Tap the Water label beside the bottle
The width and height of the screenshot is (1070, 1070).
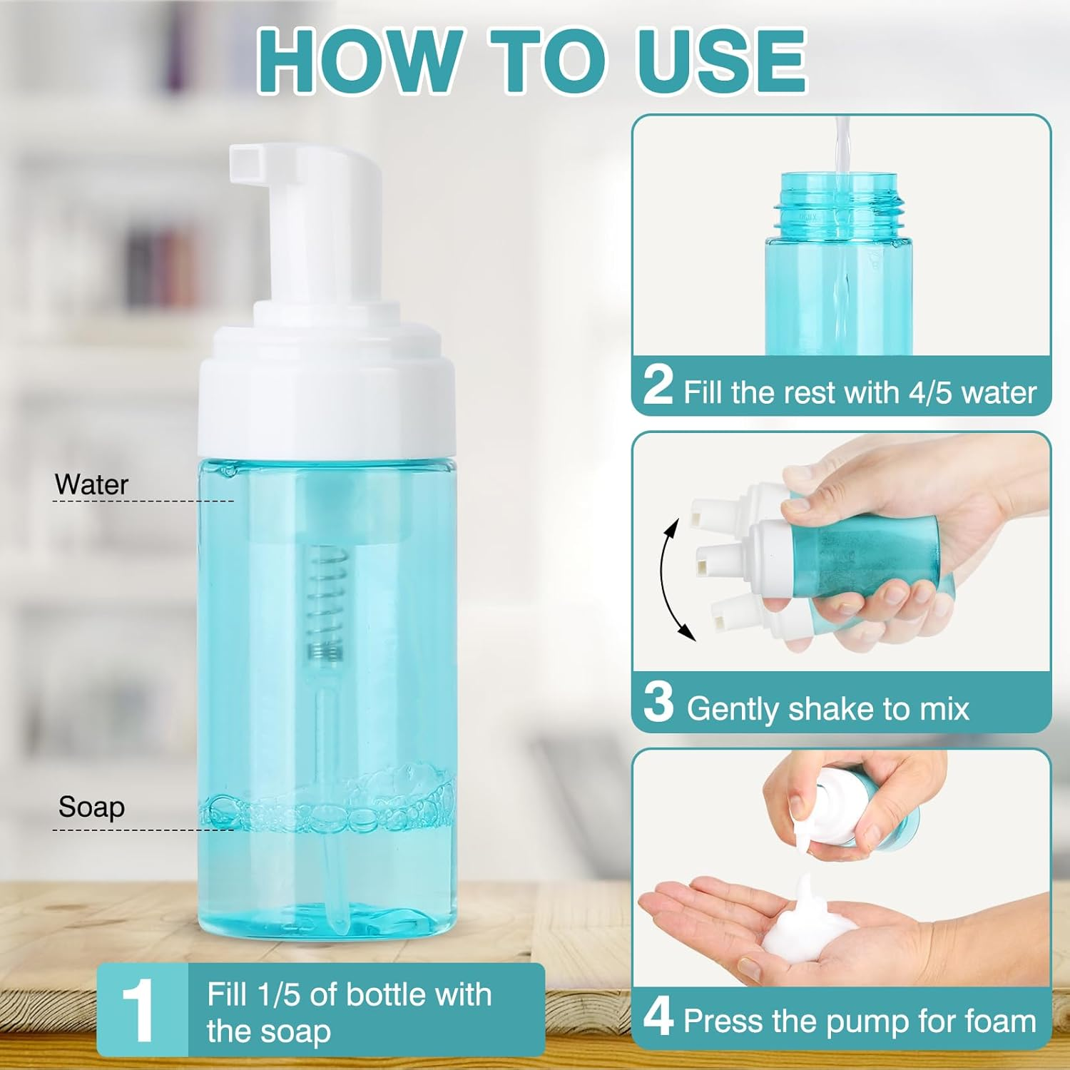[x=91, y=485]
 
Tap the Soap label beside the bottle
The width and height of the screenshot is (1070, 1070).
[x=91, y=807]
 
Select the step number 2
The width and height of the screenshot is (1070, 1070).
[x=658, y=385]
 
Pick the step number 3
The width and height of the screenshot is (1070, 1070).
[x=658, y=702]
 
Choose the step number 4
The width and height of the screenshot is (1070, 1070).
[x=658, y=1017]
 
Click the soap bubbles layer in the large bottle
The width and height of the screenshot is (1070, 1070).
[x=328, y=806]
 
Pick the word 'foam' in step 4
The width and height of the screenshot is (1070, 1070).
[x=999, y=1021]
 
